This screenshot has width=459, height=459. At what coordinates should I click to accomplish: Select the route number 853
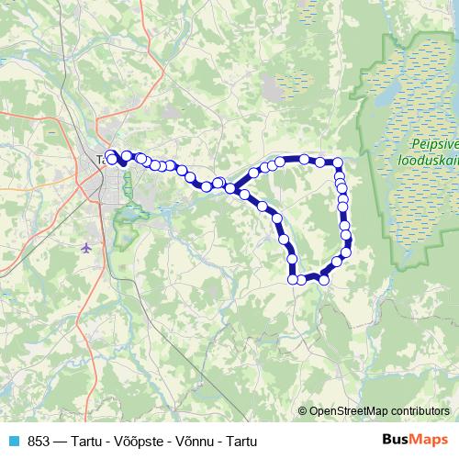(x=39, y=441)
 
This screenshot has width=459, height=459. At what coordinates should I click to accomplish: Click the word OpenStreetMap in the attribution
(x=348, y=410)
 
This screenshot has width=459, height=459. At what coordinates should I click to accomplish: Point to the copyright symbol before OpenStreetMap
(x=302, y=410)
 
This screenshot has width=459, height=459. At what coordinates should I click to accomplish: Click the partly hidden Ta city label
(x=102, y=160)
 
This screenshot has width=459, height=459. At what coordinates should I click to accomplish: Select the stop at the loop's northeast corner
(x=338, y=163)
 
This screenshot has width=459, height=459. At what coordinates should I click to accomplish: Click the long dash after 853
(x=60, y=441)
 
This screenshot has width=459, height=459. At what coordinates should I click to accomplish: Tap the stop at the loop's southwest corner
(x=294, y=279)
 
